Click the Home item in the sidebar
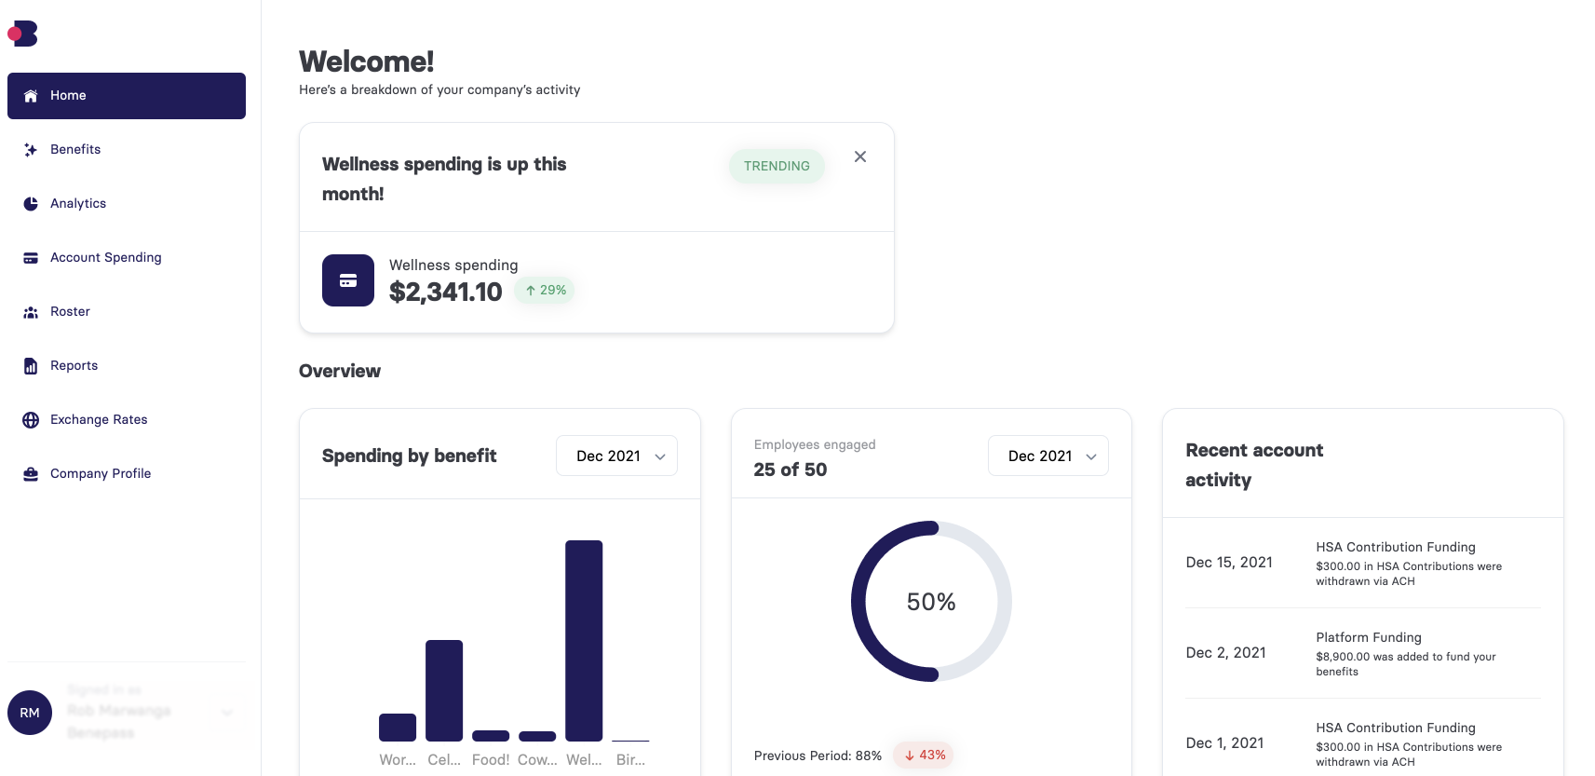pyautogui.click(x=126, y=96)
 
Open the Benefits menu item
pyautogui.click(x=74, y=150)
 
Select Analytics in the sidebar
pyautogui.click(x=77, y=204)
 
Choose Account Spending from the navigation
pyautogui.click(x=105, y=258)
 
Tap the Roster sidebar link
pyautogui.click(x=70, y=312)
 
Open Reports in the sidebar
pyautogui.click(x=74, y=366)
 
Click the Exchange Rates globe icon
pyautogui.click(x=31, y=420)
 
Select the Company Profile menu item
pyautogui.click(x=100, y=474)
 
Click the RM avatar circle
pyautogui.click(x=30, y=713)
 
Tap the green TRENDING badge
pyautogui.click(x=777, y=166)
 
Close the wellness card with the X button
pyautogui.click(x=860, y=157)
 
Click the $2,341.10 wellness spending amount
pyautogui.click(x=445, y=293)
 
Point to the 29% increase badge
pyautogui.click(x=546, y=291)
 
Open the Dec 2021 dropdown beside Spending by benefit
pyautogui.click(x=616, y=456)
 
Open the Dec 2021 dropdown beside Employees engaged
pyautogui.click(x=1048, y=456)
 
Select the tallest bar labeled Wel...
pyautogui.click(x=584, y=641)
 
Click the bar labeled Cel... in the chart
pyautogui.click(x=444, y=690)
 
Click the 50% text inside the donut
pyautogui.click(x=931, y=603)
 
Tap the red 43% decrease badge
pyautogui.click(x=924, y=756)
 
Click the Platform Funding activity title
pyautogui.click(x=1368, y=638)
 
